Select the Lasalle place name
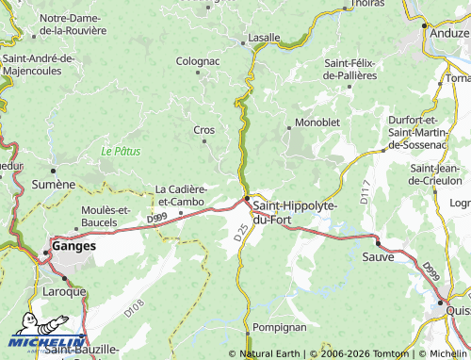[263, 38]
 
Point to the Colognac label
[198, 61]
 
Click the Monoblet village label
[317, 123]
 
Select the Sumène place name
[54, 184]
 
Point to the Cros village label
[203, 130]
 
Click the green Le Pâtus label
[119, 151]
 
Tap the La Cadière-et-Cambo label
[180, 194]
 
